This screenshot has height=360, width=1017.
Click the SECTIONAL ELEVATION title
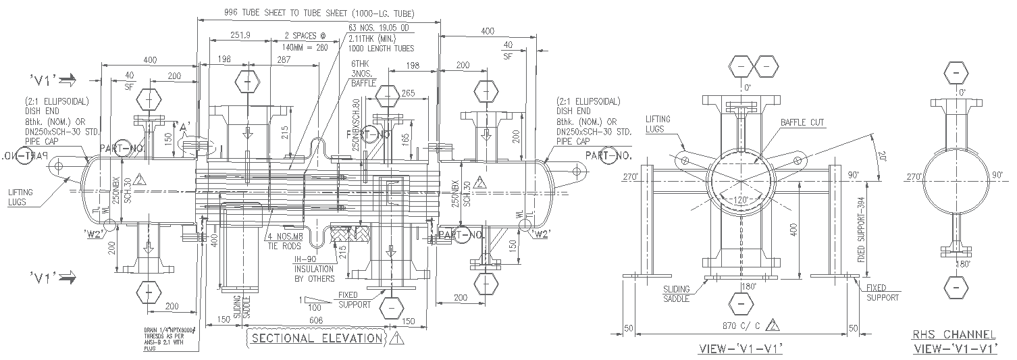tap(316, 338)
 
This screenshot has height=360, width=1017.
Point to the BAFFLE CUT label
tap(802, 123)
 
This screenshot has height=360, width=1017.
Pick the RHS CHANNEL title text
tap(954, 335)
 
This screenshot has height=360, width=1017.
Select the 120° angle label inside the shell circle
tap(741, 201)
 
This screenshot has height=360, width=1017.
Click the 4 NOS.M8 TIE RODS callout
tap(283, 241)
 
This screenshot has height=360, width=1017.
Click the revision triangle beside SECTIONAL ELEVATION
tap(396, 338)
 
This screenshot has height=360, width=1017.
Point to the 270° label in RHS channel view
tap(915, 177)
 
